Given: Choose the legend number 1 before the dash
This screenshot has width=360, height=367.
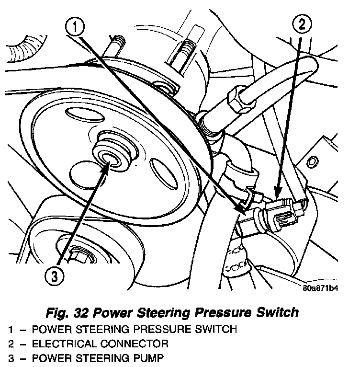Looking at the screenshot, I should pos(11,329).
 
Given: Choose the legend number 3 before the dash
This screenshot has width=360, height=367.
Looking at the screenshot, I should pos(11,358).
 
